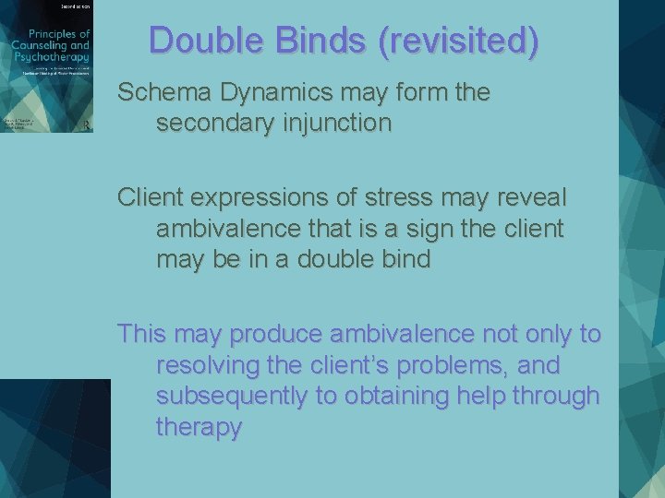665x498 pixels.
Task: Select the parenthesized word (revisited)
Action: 453,41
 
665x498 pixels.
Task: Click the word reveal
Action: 535,198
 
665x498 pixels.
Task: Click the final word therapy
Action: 199,427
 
